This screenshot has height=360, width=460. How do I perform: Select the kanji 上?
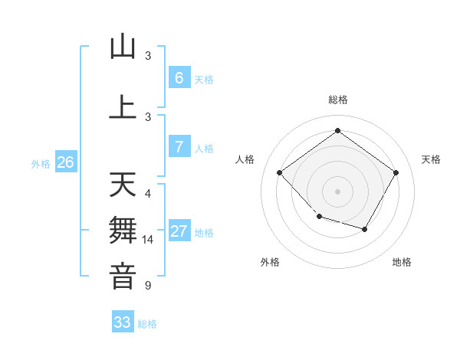[x=123, y=106]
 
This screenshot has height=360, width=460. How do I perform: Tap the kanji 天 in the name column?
[x=123, y=185]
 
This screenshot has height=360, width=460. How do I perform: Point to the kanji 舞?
[x=123, y=231]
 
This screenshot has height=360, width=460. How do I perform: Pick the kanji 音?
[x=123, y=276]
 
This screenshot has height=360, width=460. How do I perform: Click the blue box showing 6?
[x=179, y=77]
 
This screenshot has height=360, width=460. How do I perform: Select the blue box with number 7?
[x=179, y=147]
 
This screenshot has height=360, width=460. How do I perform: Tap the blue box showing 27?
[x=179, y=231]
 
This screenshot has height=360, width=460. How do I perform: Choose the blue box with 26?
[x=65, y=162]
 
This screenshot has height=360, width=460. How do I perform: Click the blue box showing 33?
[x=123, y=322]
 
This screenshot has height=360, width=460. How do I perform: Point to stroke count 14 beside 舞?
[x=149, y=240]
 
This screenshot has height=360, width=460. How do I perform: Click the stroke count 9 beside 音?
[x=148, y=286]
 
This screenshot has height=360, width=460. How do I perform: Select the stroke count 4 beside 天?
[x=148, y=193]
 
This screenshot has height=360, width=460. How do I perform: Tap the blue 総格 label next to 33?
[x=147, y=324]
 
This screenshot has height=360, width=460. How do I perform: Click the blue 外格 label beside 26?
[x=41, y=164]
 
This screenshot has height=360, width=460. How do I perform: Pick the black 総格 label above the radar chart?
[x=337, y=100]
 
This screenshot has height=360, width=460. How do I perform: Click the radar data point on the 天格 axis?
[x=396, y=172]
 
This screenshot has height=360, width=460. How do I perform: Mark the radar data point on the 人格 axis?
[x=280, y=172]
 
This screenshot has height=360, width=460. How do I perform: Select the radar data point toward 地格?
[x=365, y=229]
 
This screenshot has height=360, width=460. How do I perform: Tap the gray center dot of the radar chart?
[x=337, y=191]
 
